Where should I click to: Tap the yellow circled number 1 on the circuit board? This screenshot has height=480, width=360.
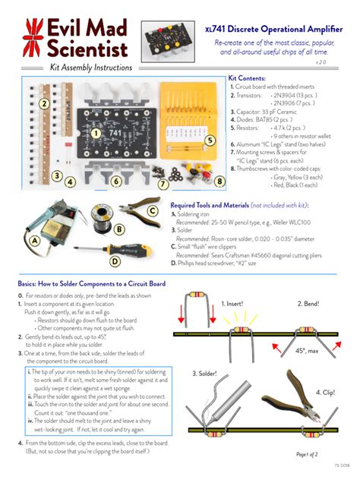tap(96, 133)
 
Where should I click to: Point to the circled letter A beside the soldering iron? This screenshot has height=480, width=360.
tap(33, 240)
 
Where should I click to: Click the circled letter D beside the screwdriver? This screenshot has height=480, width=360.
tap(114, 261)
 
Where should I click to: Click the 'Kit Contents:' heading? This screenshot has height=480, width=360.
tap(247, 79)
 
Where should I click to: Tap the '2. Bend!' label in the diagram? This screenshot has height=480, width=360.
tap(311, 304)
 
